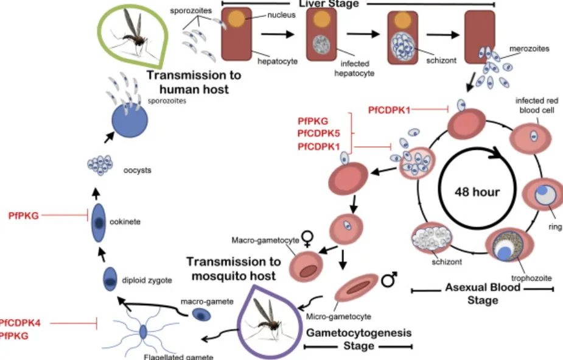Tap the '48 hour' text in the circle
(478, 192)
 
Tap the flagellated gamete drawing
(142, 332)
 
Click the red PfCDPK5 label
(318, 135)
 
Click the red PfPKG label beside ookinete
(24, 215)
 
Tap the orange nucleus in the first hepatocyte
(235, 19)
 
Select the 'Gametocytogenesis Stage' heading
(358, 340)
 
